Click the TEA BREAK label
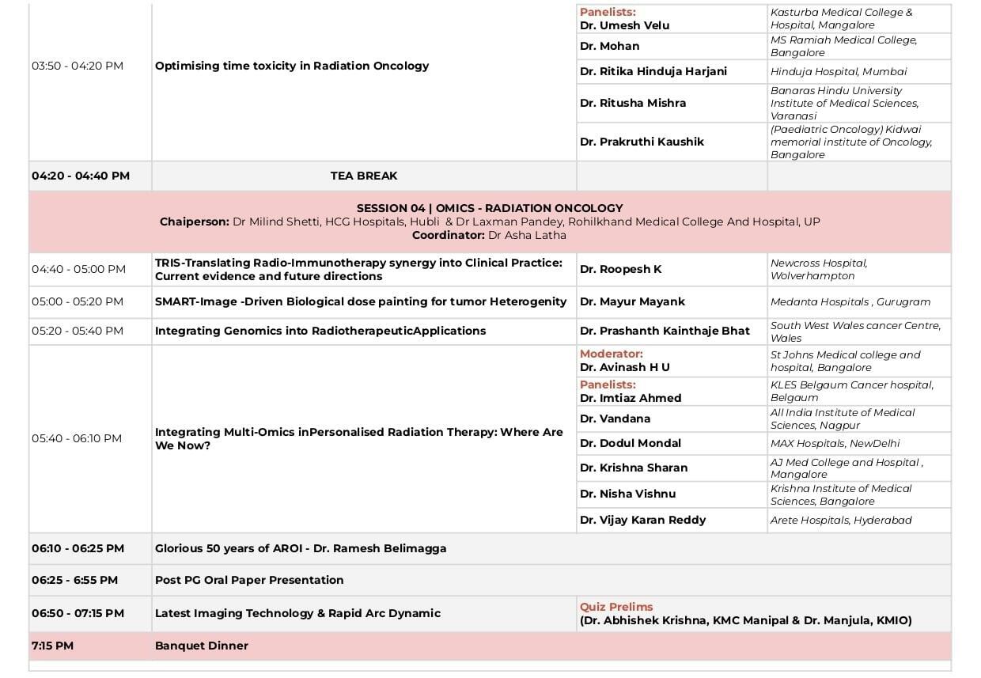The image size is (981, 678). [x=364, y=176]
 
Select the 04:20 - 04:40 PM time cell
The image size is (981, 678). [x=81, y=176]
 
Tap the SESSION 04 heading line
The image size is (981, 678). [x=490, y=208]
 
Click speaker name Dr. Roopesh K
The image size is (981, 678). [x=620, y=269]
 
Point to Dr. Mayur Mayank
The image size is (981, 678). [x=632, y=301]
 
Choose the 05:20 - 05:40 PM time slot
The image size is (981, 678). [x=78, y=331]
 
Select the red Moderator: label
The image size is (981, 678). [x=612, y=354]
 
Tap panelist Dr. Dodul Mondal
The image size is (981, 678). [x=630, y=443]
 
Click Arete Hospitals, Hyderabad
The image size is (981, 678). [x=841, y=520]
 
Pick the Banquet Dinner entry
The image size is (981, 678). [x=202, y=646]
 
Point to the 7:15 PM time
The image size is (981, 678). [x=52, y=646]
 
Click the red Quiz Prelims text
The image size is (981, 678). [x=616, y=607]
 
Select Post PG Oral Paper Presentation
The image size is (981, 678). [x=249, y=580]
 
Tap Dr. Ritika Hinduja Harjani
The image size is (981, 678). [x=653, y=71]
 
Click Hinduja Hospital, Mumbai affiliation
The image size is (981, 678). [x=839, y=71]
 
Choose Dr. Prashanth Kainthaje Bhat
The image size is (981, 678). [x=665, y=331]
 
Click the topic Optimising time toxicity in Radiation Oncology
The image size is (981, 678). [x=292, y=66]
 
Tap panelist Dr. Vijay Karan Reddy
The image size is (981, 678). [x=642, y=520]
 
